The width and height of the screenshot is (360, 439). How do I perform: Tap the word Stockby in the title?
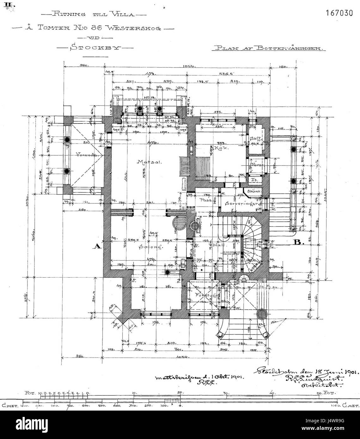pyautogui.click(x=95, y=48)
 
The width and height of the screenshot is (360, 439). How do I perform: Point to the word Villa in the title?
pyautogui.click(x=124, y=14)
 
